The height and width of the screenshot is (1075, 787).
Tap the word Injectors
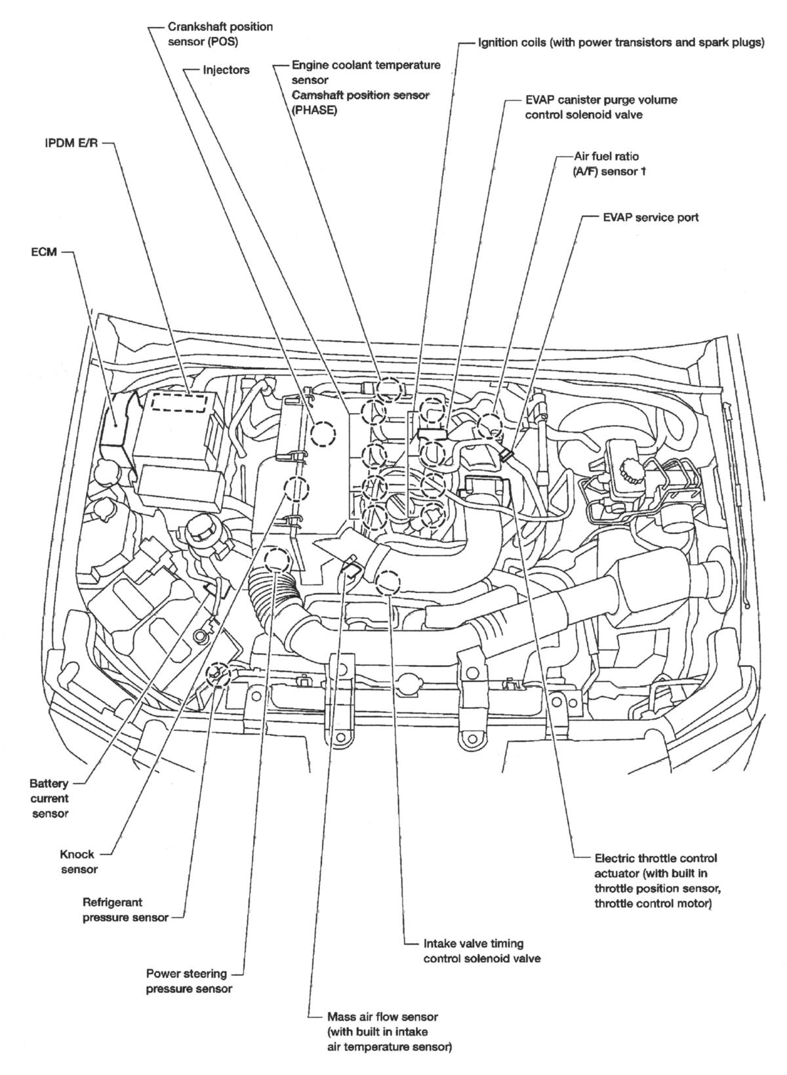(x=226, y=70)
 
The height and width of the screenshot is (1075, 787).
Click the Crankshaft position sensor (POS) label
(x=211, y=35)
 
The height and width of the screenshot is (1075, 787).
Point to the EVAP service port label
(x=650, y=217)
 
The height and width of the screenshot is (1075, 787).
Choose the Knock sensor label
(x=78, y=862)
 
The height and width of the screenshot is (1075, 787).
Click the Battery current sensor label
(x=49, y=798)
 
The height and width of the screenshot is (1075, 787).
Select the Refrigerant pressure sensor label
(x=125, y=910)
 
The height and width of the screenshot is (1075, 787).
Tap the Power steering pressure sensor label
(x=188, y=981)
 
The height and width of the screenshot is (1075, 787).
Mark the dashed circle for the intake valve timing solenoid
(x=389, y=582)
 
